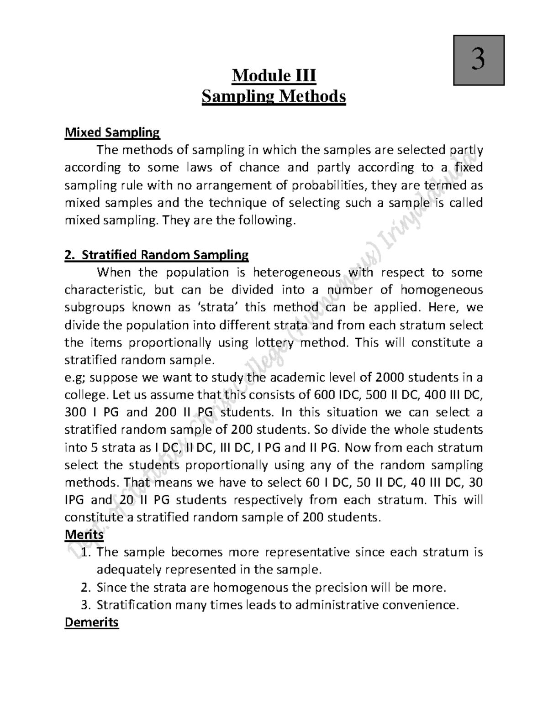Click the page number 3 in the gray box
coord(478,60)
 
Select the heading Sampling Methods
coord(274,97)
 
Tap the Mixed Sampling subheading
coord(112,133)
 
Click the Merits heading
coord(84,534)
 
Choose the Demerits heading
coord(92,623)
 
